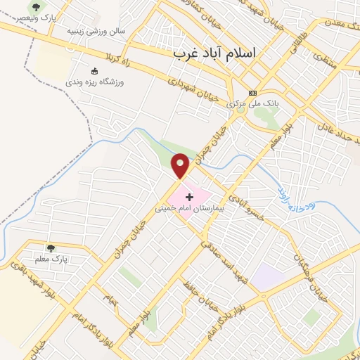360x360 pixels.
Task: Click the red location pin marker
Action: pyautogui.click(x=181, y=165)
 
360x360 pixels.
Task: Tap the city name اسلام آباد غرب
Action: pyautogui.click(x=215, y=53)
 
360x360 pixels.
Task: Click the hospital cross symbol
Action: pyautogui.click(x=189, y=197)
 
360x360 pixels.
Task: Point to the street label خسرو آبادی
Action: pyautogui.click(x=250, y=202)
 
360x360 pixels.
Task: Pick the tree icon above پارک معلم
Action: pyautogui.click(x=51, y=247)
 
